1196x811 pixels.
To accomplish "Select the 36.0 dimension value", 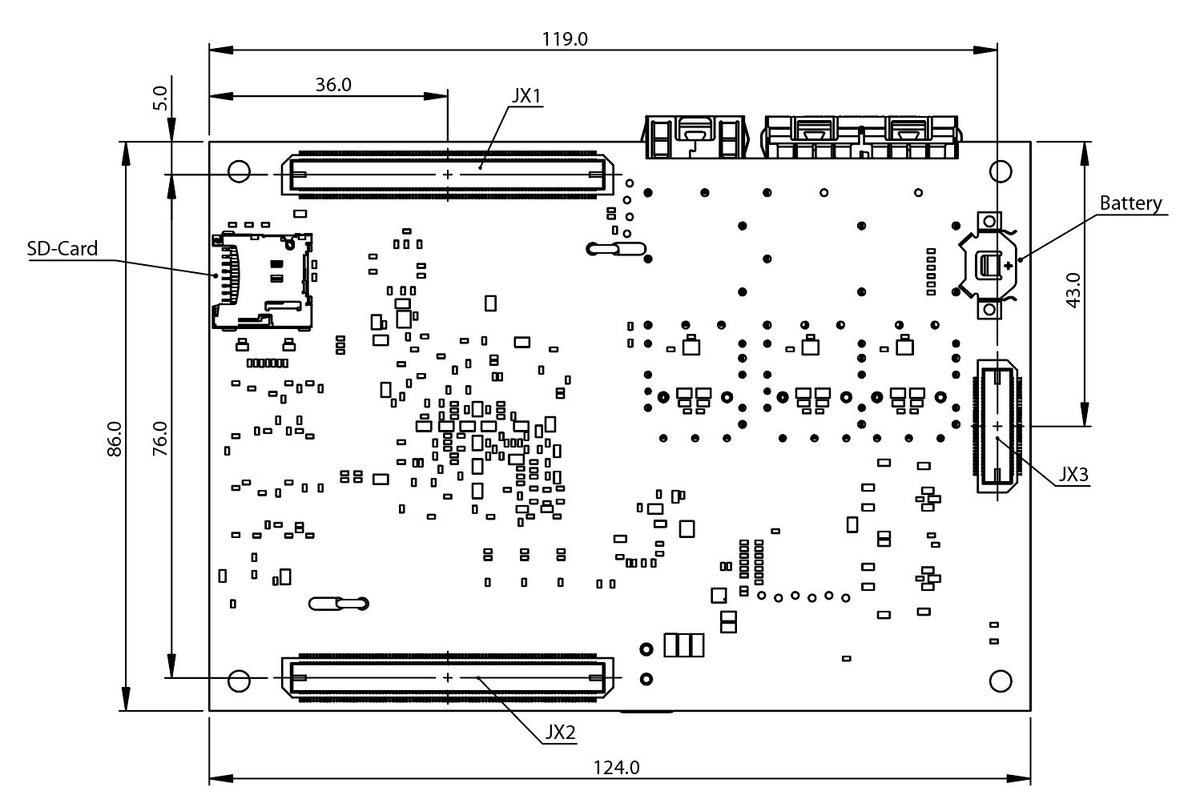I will [333, 85].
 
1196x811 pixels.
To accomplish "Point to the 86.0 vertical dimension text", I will [115, 439].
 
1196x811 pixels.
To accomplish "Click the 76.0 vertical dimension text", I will [160, 439].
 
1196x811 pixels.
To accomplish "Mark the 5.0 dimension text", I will [160, 98].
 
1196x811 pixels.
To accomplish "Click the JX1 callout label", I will [527, 96].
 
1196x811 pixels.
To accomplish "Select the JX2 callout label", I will [560, 733].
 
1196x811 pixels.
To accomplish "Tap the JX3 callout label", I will [1073, 474].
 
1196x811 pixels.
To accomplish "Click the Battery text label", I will [1130, 203].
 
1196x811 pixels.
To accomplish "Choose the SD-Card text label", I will [62, 248].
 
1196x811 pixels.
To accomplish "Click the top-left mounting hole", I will [239, 172].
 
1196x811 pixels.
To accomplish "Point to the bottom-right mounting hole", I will [1001, 681].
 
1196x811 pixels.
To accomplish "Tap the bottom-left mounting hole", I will [239, 681].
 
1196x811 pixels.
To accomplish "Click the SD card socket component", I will [263, 281].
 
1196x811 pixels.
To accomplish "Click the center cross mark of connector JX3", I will [997, 425].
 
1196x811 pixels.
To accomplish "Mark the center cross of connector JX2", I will [447, 678].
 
